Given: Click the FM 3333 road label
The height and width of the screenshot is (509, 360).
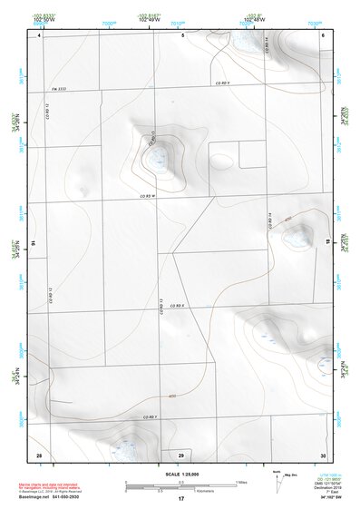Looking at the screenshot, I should (x=59, y=88).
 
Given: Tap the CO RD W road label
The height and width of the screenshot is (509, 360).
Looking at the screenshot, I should (x=149, y=195).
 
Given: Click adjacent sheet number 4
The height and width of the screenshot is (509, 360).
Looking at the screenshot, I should (x=39, y=35).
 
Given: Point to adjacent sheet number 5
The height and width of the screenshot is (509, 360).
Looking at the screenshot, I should (x=182, y=34).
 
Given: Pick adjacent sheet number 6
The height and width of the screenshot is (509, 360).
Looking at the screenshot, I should (x=323, y=34).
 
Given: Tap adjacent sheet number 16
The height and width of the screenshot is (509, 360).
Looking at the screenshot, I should (x=33, y=244).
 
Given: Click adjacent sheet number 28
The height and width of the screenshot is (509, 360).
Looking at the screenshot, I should (x=39, y=454).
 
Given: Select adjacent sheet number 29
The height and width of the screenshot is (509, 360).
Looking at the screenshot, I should (x=181, y=455).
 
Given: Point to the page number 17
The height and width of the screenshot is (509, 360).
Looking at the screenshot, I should (x=181, y=499).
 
